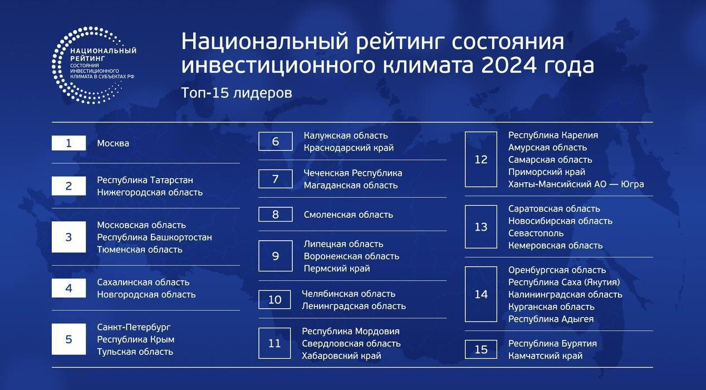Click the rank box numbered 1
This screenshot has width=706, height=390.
[x=68, y=143]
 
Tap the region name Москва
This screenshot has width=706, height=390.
[x=113, y=143]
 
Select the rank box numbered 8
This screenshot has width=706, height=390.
[x=276, y=214]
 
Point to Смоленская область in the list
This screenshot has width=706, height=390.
[x=349, y=214]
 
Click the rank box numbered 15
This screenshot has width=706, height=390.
[x=481, y=349]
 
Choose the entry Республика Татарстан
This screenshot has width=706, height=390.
[x=145, y=180]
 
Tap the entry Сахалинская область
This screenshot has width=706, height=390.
[x=143, y=282]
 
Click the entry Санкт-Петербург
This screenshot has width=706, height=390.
[x=134, y=327]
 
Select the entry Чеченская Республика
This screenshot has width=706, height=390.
[x=352, y=173]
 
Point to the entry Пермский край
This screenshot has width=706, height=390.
[x=337, y=269]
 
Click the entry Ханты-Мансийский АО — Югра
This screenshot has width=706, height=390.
[x=576, y=184]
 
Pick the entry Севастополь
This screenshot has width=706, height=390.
[x=536, y=233]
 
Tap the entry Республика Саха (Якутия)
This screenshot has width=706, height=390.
[x=564, y=282]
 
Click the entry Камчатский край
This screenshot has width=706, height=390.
[x=545, y=355]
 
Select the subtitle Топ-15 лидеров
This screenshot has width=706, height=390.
[x=237, y=93]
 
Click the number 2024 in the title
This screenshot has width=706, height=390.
[x=509, y=65]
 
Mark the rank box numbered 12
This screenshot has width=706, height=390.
[x=481, y=159]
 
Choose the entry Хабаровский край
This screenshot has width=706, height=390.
[x=341, y=356]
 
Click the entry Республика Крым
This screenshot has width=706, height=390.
[x=135, y=339]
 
